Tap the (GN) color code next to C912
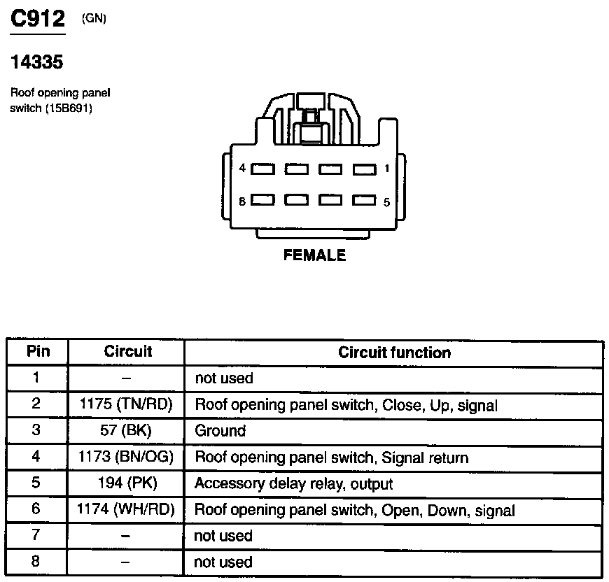[94, 19]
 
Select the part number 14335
[37, 63]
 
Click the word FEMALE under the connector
[314, 256]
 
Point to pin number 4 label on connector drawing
[242, 169]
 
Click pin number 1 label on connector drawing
[386, 169]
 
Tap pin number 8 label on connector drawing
[242, 201]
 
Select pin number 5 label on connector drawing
[386, 201]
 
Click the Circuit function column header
[394, 352]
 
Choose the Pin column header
[38, 352]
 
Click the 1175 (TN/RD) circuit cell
[126, 404]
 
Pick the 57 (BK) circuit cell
[126, 431]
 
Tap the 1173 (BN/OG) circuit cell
[126, 457]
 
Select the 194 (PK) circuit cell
[126, 483]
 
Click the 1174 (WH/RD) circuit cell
[126, 510]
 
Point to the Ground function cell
[220, 431]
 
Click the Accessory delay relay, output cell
[293, 483]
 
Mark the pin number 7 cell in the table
[36, 536]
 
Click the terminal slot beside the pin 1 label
[364, 169]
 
